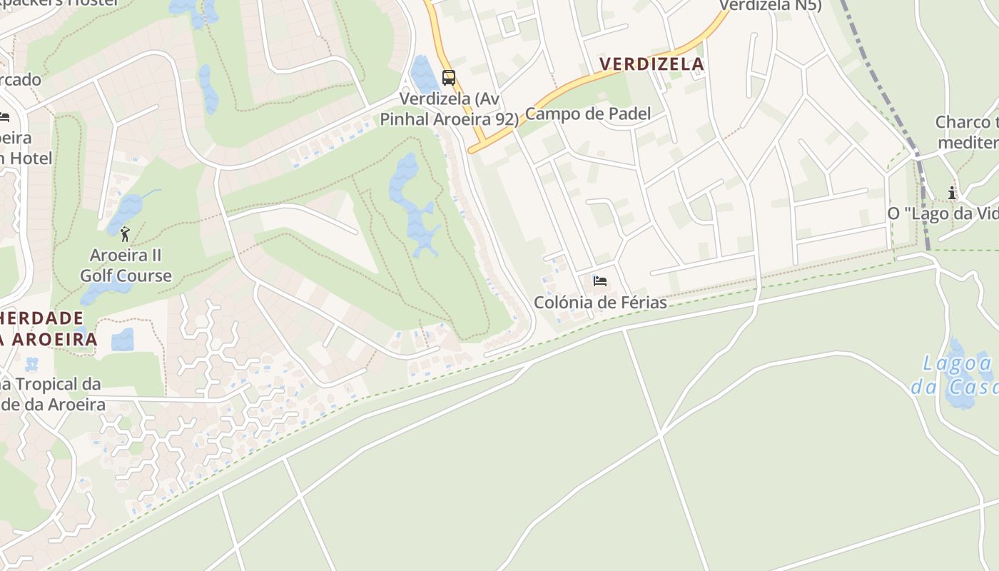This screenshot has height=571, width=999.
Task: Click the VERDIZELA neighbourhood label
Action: coord(651,64)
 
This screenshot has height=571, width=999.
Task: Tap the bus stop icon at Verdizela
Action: coord(448,78)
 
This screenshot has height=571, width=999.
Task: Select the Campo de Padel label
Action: coord(588,113)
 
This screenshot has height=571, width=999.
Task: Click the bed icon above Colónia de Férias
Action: coord(600,281)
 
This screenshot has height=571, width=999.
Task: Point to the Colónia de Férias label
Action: coord(600,303)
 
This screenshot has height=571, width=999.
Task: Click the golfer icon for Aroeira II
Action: coord(126,233)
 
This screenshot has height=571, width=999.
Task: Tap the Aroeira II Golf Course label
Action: coord(126,266)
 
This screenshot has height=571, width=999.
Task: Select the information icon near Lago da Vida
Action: coord(952,193)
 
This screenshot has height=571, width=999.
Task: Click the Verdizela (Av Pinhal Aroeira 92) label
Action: coord(448,108)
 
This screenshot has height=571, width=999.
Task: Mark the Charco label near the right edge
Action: coord(967,132)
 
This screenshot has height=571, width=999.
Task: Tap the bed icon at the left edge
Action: coord(4,117)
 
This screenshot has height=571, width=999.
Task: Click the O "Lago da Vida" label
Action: coord(942,213)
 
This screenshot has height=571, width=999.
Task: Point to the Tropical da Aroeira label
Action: coord(50,395)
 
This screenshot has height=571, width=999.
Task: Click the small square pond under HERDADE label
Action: coord(123,339)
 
